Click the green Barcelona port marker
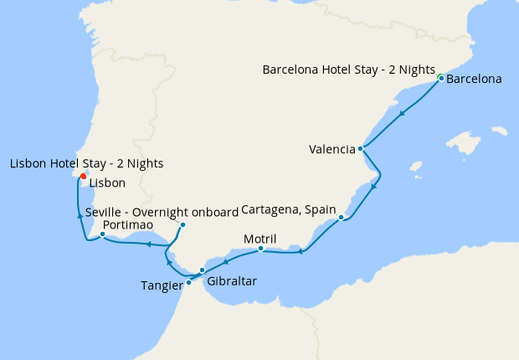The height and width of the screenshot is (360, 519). (440, 78)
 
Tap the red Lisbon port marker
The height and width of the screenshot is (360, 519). (84, 176)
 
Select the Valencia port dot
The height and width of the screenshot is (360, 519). (360, 149)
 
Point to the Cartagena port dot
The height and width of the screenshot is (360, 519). (342, 218)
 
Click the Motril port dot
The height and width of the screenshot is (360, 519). (261, 248)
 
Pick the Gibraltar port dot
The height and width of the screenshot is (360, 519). (202, 270)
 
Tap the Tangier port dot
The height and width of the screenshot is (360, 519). (188, 282)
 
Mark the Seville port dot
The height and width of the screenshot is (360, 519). (182, 224)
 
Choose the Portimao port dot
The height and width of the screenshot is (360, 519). (102, 234)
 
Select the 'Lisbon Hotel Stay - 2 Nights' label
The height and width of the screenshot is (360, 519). (86, 163)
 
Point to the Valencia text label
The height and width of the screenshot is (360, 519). (331, 150)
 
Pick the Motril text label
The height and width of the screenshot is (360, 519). (259, 239)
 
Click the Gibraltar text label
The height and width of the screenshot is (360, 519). (231, 283)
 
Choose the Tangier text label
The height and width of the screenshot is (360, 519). (162, 285)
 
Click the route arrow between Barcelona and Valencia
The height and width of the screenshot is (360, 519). (403, 114)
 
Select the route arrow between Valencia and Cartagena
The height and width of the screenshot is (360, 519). (373, 186)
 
